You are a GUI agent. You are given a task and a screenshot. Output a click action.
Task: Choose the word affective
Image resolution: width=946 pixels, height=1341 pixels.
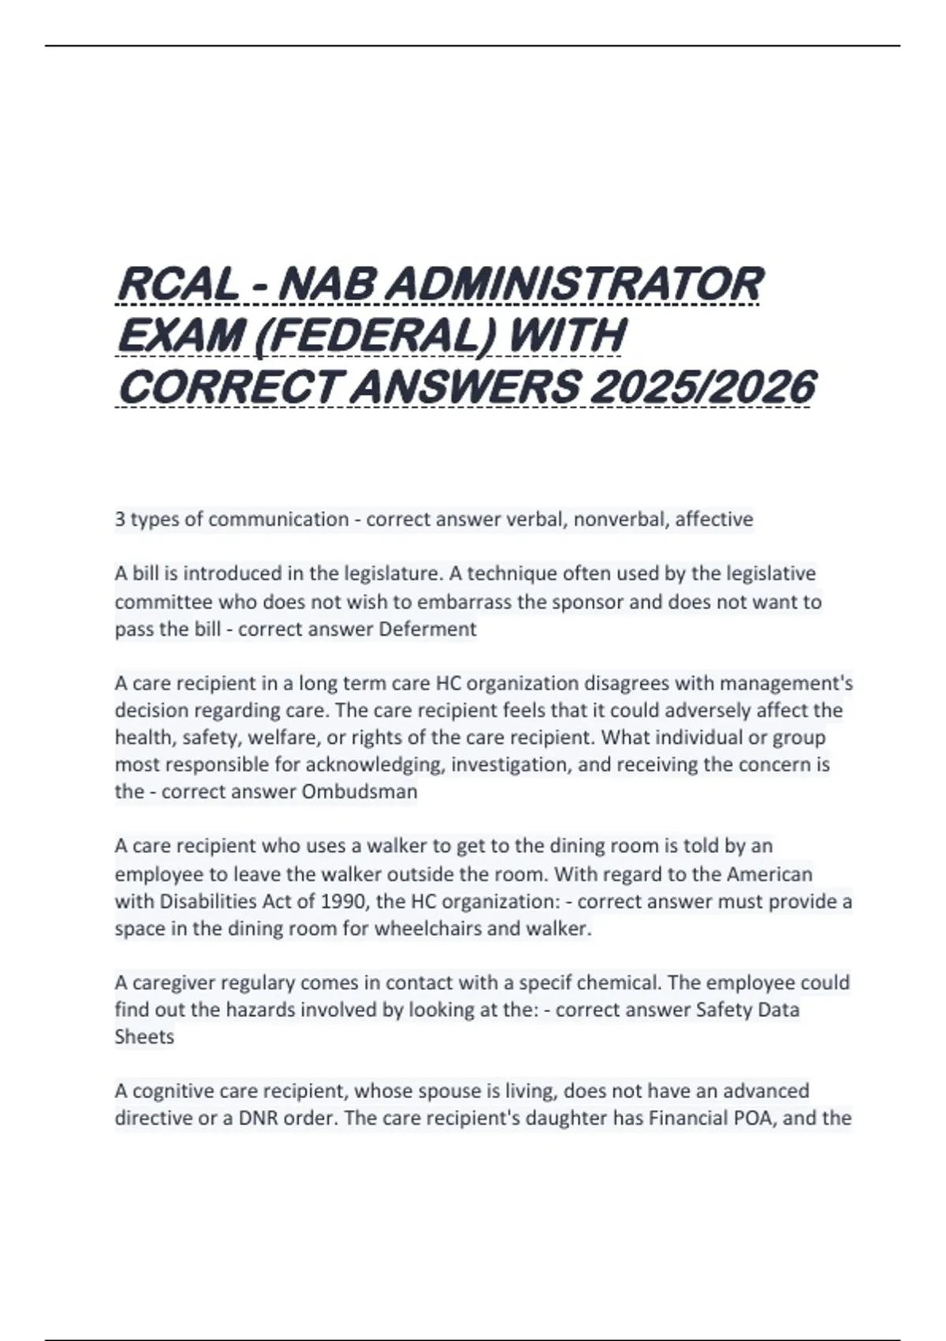click(x=714, y=519)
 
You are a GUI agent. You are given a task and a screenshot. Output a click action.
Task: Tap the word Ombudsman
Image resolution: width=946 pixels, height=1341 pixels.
click(x=360, y=791)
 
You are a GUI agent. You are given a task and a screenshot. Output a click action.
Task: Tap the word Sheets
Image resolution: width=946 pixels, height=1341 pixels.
click(x=144, y=1037)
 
